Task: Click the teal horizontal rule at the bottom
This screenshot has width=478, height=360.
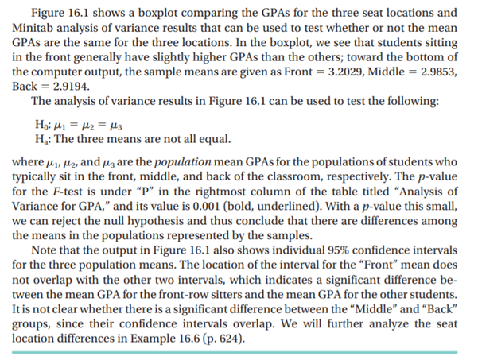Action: pyautogui.click(x=239, y=351)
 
